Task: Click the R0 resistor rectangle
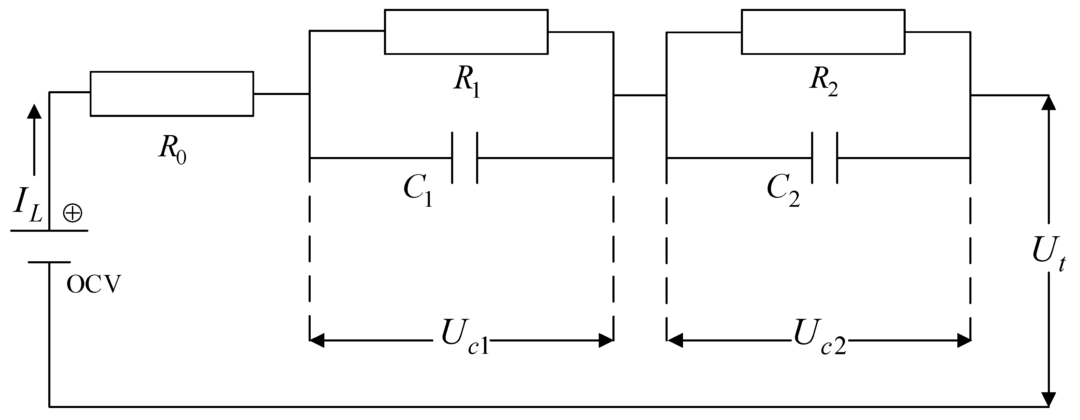point(172,94)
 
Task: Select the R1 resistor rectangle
point(466,32)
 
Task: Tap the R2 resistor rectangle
point(822,32)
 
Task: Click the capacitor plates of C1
point(464,158)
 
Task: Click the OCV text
point(94,286)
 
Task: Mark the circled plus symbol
point(72,214)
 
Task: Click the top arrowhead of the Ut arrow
point(1048,103)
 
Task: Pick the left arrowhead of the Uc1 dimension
point(317,340)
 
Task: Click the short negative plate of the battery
point(49,262)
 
